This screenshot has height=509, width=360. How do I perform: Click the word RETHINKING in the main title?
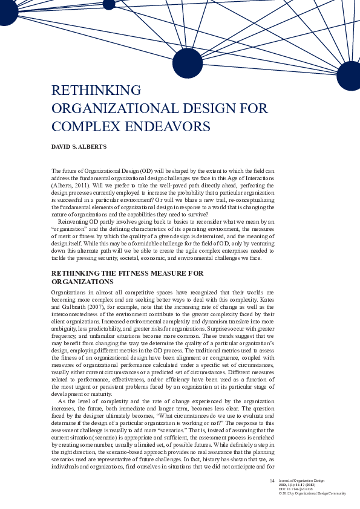(96, 91)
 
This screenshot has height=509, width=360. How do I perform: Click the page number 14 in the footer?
(272, 481)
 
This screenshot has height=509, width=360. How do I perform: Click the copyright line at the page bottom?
(312, 493)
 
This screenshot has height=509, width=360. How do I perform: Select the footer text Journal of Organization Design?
(301, 481)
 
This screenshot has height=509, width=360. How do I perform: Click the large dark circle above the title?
(188, 63)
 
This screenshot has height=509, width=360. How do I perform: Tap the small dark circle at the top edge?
(109, 4)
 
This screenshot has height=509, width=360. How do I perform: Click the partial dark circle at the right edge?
(349, 76)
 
